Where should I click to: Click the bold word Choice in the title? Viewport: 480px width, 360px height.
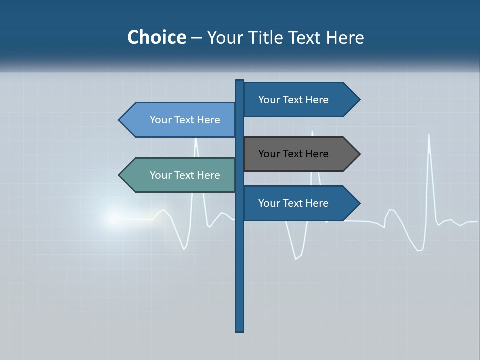point(156,37)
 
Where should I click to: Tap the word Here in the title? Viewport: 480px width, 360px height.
point(345,37)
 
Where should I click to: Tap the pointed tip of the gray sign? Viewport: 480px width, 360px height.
point(359,154)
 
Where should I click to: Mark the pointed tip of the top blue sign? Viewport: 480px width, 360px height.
point(359,100)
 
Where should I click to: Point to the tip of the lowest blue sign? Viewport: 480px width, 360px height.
point(359,203)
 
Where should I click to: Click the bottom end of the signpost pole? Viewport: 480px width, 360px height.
point(240,330)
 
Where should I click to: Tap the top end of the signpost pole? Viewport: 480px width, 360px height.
point(240,81)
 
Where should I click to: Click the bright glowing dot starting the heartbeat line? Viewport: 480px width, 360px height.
point(114,218)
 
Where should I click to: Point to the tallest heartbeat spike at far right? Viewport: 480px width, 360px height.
point(429,135)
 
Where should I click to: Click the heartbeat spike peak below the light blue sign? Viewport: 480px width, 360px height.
point(196,140)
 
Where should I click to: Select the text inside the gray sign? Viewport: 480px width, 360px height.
point(293,154)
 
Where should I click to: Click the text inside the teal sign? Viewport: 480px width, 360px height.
point(185,175)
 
